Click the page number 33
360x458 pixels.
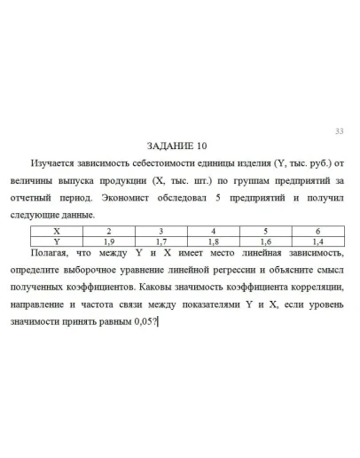point(338,133)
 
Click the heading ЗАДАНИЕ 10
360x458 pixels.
point(179,146)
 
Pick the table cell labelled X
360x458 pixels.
point(58,231)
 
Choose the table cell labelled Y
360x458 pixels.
point(58,240)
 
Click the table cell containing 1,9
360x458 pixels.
point(110,240)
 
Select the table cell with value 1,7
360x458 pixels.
point(161,240)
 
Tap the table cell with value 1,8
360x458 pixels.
point(213,240)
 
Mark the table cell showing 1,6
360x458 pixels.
point(265,240)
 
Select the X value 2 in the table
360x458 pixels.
point(110,231)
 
